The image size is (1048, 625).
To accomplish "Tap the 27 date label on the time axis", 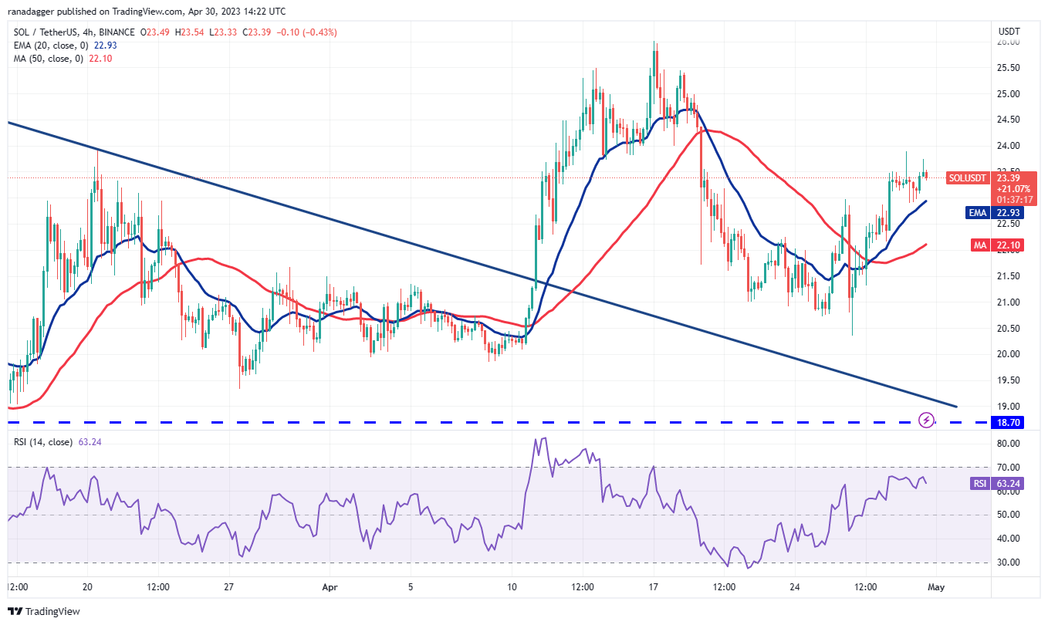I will coord(229,586).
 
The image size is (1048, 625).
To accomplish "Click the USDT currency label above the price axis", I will coord(1009,32).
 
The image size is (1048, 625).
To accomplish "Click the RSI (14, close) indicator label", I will coord(42,442).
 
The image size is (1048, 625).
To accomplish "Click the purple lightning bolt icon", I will coord(927,421).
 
